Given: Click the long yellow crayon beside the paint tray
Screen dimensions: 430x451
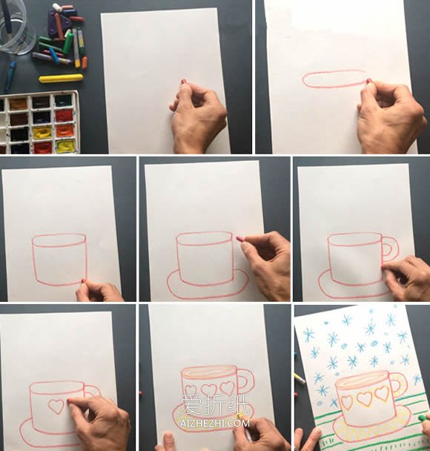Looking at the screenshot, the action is (x=61, y=78).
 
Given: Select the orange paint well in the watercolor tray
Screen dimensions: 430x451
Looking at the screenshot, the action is (x=64, y=131).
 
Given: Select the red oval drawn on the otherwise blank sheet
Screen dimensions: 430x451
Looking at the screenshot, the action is (x=334, y=79).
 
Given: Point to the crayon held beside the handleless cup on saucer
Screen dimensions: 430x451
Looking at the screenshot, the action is (x=239, y=239).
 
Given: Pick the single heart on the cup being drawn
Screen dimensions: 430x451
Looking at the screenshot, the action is (x=56, y=406).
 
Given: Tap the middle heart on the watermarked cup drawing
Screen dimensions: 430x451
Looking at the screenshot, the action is (x=209, y=390).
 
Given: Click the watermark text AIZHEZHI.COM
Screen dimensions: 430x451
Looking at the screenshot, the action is (x=215, y=423).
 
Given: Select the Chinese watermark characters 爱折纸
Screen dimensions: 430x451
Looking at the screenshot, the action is (x=215, y=405).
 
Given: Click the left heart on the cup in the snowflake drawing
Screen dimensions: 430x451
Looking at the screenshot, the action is (x=347, y=402).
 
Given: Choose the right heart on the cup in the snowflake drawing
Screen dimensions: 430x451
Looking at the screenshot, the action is (x=383, y=393).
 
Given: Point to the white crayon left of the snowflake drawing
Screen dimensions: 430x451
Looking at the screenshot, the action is (x=300, y=379).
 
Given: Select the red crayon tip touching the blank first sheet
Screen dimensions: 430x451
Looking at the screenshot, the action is (x=183, y=82).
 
